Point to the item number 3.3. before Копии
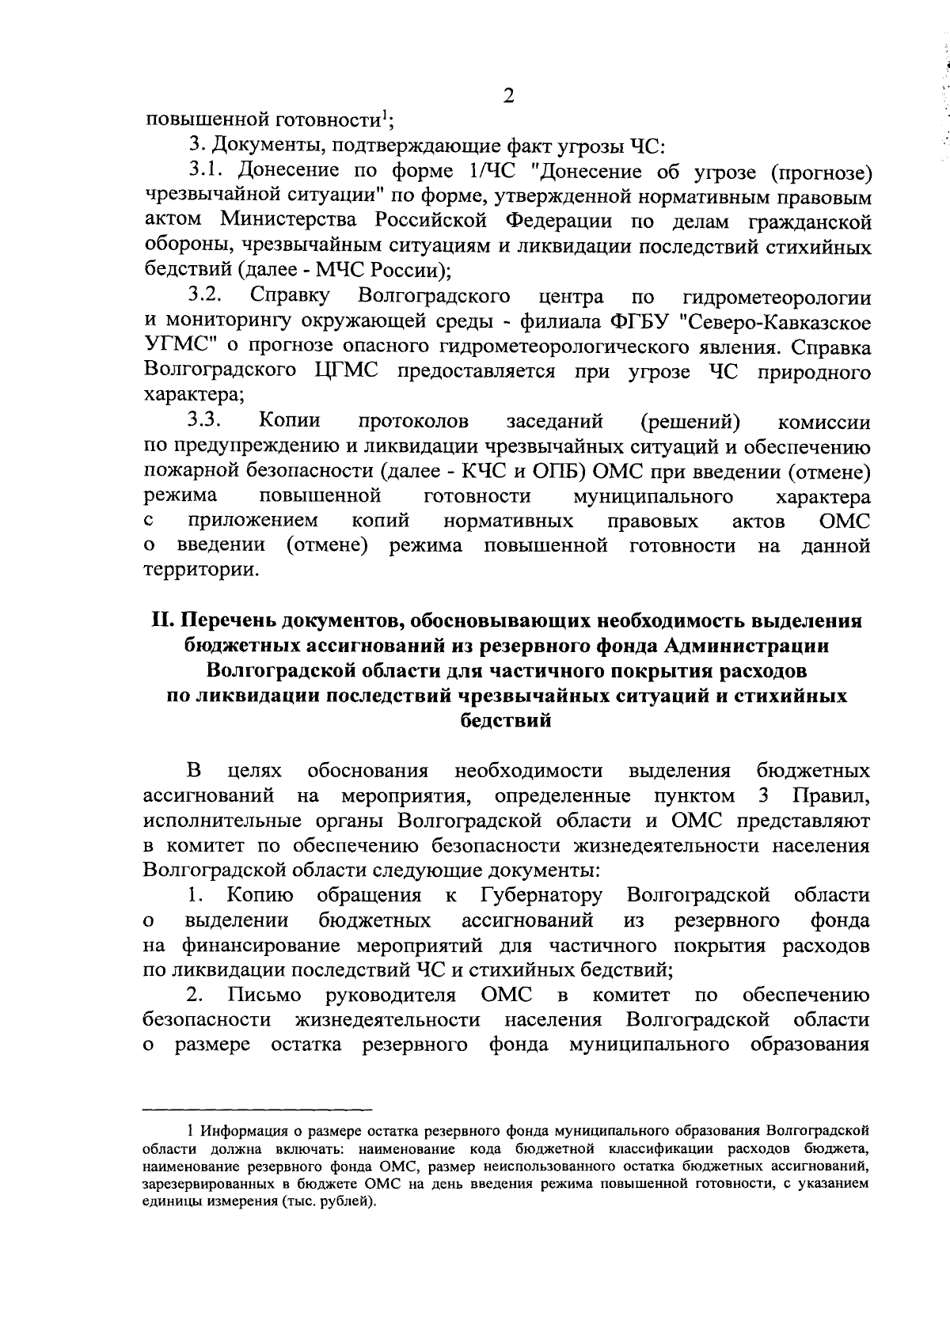[x=209, y=421]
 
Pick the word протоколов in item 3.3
[x=414, y=421]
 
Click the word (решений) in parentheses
[x=690, y=421]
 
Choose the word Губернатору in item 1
[x=541, y=895]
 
